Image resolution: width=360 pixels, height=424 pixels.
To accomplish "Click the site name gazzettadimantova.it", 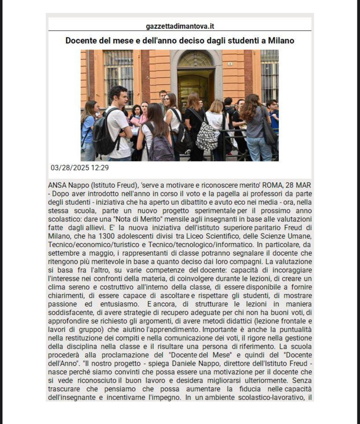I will pos(180,26).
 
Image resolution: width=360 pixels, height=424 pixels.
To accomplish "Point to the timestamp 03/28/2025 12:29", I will pos(80,168).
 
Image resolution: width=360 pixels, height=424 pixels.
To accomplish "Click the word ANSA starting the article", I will pos(57,185).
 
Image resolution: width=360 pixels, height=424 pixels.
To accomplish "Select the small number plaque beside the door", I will pos(230,64).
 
